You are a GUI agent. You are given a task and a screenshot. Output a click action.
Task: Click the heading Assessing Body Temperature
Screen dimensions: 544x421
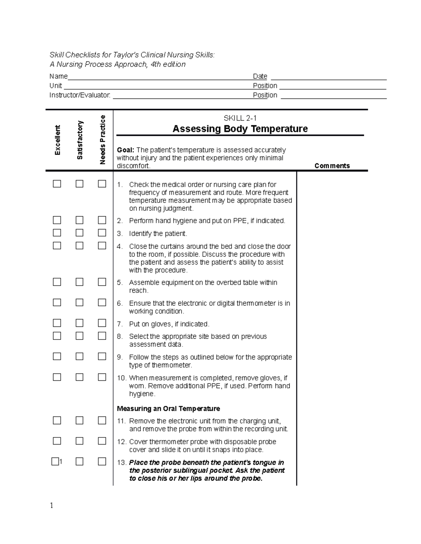tap(240, 129)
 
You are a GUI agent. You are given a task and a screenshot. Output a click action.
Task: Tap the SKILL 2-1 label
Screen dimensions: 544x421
tap(240, 118)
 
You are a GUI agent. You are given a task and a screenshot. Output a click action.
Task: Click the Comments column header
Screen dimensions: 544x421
tap(332, 166)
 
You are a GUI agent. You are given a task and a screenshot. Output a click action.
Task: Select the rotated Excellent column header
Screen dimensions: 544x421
tap(57, 140)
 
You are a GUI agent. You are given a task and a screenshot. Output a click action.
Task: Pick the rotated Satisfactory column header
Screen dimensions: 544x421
tap(80, 140)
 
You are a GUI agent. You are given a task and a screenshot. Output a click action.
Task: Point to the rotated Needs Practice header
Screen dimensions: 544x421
tap(102, 139)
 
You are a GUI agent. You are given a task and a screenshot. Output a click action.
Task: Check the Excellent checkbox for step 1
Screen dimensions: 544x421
tap(57, 184)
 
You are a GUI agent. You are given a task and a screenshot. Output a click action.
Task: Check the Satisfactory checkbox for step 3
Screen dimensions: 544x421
tap(80, 233)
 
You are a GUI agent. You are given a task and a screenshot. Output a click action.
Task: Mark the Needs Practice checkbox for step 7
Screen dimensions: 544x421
tap(102, 323)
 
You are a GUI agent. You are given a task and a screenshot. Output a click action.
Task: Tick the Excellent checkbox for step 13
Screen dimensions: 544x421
tap(55, 461)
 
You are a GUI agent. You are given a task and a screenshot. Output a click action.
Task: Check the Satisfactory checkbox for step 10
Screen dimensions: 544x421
tap(80, 377)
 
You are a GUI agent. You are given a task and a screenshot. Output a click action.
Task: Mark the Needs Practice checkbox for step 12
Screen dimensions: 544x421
tap(102, 441)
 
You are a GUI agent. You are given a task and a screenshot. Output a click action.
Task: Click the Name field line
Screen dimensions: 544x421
tap(158, 79)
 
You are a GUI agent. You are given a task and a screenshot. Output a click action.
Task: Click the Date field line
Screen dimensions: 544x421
tap(328, 79)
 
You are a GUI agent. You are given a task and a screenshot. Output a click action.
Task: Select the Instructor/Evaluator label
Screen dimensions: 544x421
tap(80, 95)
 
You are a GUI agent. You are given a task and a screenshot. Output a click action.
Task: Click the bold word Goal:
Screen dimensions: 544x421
tap(126, 150)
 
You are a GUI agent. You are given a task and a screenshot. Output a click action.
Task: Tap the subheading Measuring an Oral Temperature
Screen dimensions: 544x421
tap(168, 408)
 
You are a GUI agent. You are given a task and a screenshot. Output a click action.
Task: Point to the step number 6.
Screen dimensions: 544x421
tap(120, 303)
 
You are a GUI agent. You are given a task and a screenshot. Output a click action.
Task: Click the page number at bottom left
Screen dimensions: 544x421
tap(52, 505)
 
